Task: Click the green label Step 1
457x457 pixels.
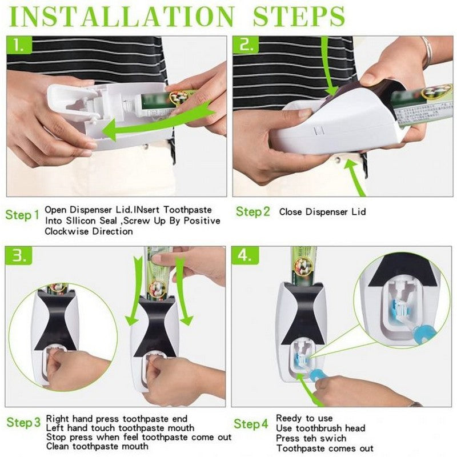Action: pyautogui.click(x=22, y=215)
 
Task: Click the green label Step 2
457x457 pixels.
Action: pyautogui.click(x=252, y=212)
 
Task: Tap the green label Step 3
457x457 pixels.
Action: pyautogui.click(x=23, y=423)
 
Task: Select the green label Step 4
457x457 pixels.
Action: pyautogui.click(x=251, y=424)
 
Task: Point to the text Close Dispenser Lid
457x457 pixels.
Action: pyautogui.click(x=322, y=212)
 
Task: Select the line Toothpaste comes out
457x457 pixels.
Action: pyautogui.click(x=324, y=448)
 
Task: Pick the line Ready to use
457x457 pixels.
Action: pyautogui.click(x=304, y=418)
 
